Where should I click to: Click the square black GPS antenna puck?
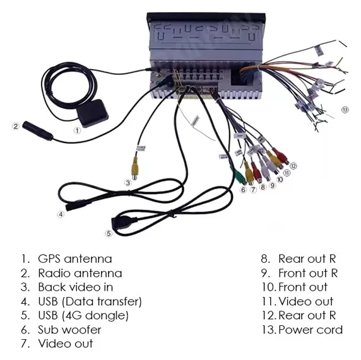click(x=92, y=113)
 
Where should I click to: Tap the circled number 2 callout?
click(x=16, y=126)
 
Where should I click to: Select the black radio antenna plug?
click(x=38, y=131)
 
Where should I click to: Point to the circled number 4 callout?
click(x=61, y=214)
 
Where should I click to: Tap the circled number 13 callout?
click(x=345, y=110)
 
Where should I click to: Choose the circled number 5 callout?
click(x=109, y=233)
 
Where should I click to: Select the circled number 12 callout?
click(x=293, y=166)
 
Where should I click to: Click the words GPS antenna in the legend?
click(x=75, y=258)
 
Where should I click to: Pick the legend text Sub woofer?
click(x=69, y=330)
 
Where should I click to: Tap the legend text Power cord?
click(x=311, y=330)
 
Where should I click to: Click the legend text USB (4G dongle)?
click(x=83, y=315)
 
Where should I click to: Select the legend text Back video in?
click(x=76, y=287)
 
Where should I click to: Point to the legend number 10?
click(x=268, y=287)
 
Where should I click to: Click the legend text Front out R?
click(x=308, y=273)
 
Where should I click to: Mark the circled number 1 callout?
click(x=77, y=131)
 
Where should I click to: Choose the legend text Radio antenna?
click(x=80, y=273)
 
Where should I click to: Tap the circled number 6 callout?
click(x=243, y=190)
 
